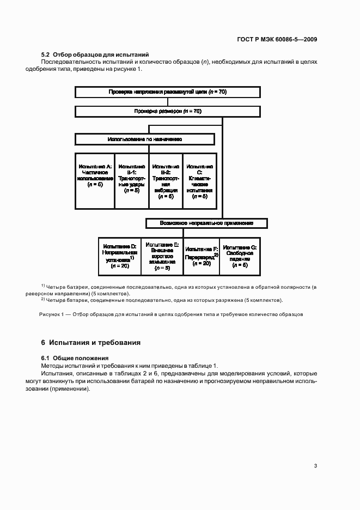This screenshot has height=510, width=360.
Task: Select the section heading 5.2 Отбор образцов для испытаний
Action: pos(95,54)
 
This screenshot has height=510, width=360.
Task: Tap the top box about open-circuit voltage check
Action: pos(167,92)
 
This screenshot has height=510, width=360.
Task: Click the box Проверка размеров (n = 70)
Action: pos(167,111)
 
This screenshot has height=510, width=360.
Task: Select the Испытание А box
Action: pos(95,181)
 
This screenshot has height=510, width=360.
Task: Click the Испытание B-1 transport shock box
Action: pos(131,181)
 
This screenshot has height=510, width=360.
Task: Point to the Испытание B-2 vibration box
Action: pos(166,181)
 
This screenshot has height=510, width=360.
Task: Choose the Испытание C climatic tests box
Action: pos(200,181)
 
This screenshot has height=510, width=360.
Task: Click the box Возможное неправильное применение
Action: pos(206,223)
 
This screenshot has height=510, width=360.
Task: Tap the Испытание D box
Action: pos(119,256)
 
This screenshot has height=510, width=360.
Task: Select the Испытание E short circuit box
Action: pos(162,256)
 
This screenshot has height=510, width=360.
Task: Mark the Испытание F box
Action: pos(202,256)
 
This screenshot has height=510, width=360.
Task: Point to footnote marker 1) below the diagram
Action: pos(43,286)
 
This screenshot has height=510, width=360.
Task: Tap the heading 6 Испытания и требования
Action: pos(91,343)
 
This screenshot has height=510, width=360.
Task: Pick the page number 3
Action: pos(315,465)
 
